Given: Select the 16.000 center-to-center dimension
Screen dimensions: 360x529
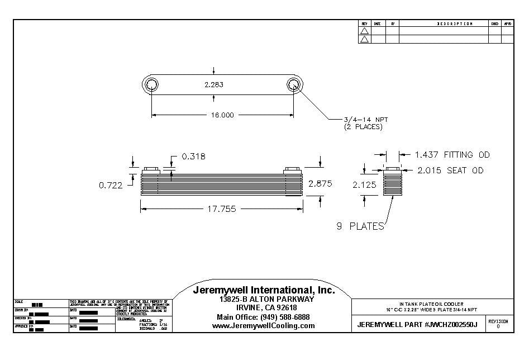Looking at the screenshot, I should [x=222, y=115].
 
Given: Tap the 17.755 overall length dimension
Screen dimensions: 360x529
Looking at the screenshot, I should [x=222, y=209].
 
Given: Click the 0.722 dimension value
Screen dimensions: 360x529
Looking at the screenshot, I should [x=111, y=186].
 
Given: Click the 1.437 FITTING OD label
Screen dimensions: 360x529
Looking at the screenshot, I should [x=452, y=155].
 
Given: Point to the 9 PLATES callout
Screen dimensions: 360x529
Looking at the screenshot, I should [x=360, y=226].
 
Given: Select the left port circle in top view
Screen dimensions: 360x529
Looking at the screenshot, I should [x=151, y=85].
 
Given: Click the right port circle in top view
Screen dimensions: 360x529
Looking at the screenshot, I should [x=294, y=85].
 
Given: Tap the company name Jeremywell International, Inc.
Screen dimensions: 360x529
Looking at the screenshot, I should [x=264, y=290].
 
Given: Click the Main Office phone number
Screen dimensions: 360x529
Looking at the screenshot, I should [x=263, y=317].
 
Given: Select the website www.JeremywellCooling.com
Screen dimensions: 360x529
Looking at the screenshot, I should [x=263, y=326].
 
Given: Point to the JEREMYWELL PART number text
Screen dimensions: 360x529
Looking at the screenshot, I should [x=417, y=325].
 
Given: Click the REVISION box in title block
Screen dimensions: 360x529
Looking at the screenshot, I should [x=498, y=324].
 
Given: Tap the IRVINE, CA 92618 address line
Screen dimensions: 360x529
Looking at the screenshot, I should [x=263, y=308].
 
